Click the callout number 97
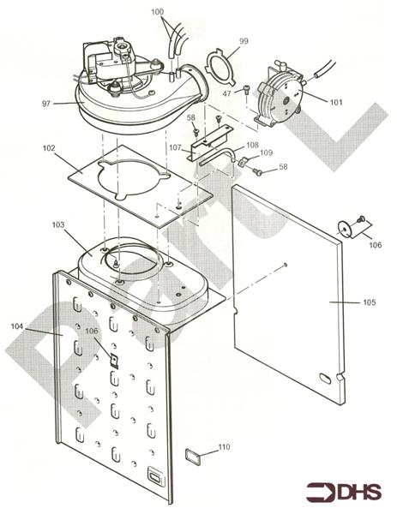[46, 104]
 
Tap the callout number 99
[244, 41]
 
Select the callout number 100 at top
[157, 12]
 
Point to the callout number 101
[336, 102]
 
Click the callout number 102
[49, 148]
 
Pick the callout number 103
[58, 224]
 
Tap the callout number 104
[17, 326]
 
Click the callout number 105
[370, 302]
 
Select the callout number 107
[175, 147]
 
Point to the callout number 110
[225, 447]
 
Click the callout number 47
[227, 93]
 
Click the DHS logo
[344, 492]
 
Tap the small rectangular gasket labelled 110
[192, 456]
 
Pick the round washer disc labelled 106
[345, 229]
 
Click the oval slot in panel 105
[325, 378]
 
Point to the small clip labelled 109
[242, 162]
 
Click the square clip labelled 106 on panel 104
[114, 361]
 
